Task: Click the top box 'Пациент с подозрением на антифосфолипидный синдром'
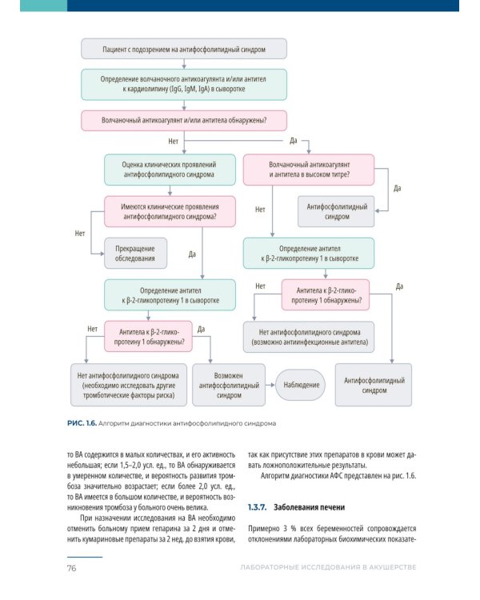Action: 184,50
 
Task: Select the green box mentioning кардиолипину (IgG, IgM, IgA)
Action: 184,85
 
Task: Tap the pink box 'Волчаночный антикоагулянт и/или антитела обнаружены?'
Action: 184,121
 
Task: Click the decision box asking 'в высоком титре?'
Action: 309,169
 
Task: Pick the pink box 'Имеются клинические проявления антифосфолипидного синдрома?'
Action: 169,210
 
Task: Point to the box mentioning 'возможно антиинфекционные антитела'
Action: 309,336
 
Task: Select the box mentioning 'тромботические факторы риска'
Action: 129,385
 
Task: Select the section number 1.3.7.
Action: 257,507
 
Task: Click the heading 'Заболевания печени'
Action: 310,507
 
